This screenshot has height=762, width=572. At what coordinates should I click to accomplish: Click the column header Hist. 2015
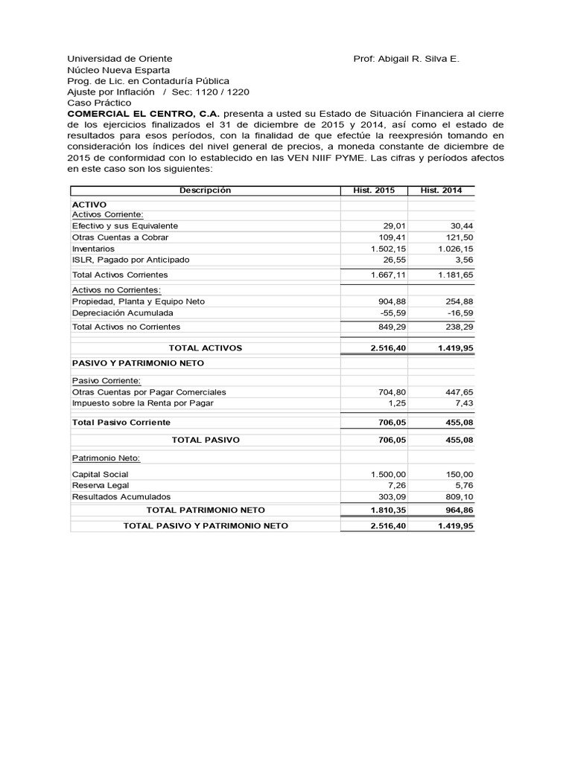[374, 190]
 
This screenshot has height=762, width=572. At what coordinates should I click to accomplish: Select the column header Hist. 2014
[441, 190]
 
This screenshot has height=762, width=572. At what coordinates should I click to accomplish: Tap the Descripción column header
[205, 190]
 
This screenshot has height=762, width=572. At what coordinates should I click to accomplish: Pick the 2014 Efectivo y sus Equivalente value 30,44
[461, 225]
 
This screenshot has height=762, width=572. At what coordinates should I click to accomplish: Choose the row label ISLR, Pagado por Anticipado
[130, 260]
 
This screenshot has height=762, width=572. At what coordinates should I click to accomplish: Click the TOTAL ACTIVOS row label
[205, 348]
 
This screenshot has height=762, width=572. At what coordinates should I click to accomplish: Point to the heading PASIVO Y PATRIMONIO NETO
[138, 362]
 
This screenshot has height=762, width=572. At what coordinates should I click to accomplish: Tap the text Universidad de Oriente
[119, 58]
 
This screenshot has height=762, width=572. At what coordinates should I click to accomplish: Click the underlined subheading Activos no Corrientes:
[116, 289]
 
